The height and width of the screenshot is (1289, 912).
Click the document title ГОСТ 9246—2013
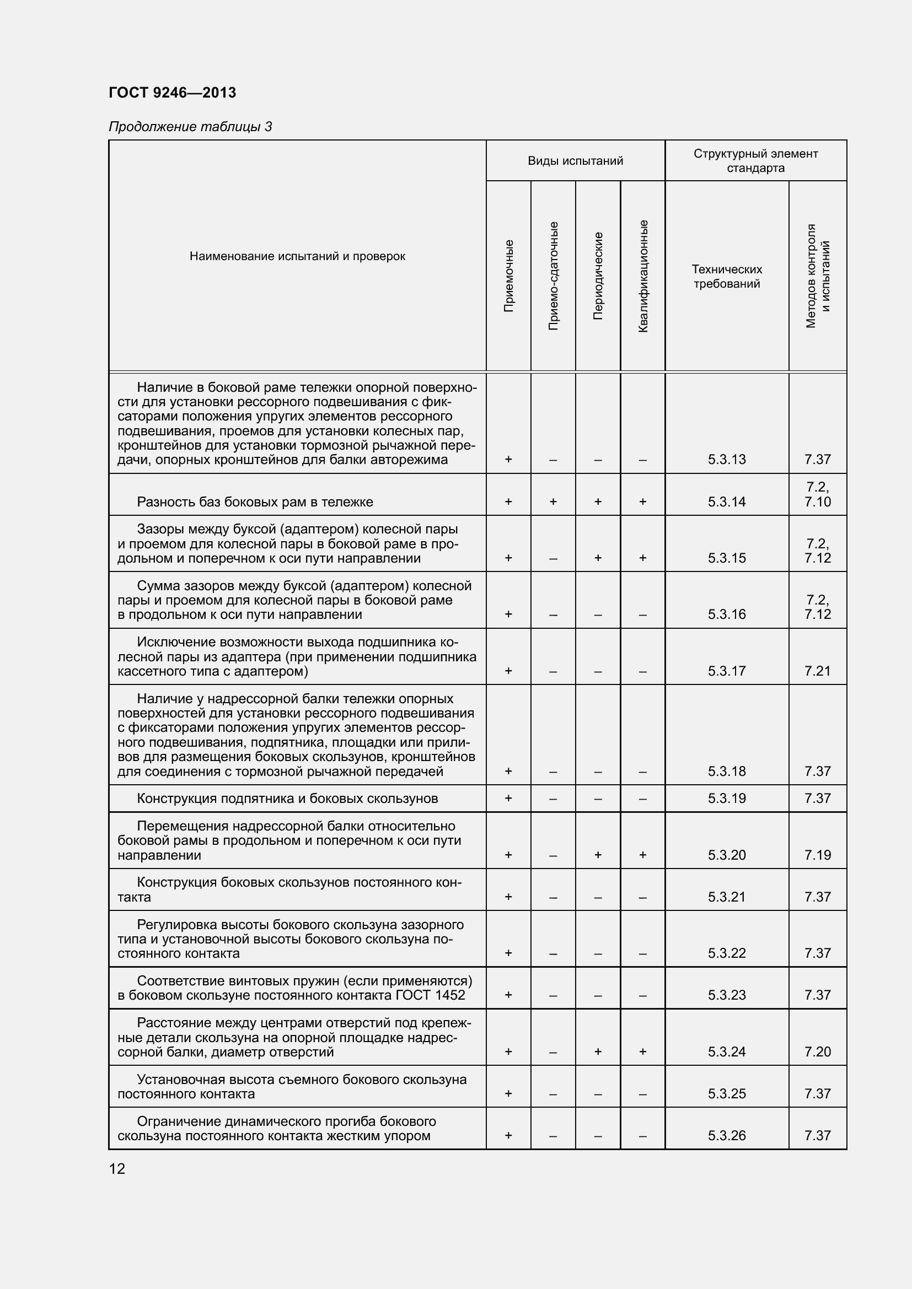(173, 93)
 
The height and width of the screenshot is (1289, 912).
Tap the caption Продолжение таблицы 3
(190, 127)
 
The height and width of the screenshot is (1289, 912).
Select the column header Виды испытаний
(575, 161)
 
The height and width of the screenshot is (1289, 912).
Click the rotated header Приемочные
(508, 276)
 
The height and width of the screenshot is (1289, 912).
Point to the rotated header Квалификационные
(643, 276)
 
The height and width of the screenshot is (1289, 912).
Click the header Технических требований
(727, 276)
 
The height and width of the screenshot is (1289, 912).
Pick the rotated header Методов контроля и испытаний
(818, 276)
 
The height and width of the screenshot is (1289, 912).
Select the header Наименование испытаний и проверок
(297, 257)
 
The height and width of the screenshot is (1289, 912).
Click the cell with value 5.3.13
(727, 460)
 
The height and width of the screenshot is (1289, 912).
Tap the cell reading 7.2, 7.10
(817, 494)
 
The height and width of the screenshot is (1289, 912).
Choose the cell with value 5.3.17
(727, 671)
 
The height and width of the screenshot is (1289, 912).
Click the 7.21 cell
(817, 671)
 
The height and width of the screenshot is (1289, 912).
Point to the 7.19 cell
(817, 855)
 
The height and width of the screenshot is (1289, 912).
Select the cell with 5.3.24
(727, 1051)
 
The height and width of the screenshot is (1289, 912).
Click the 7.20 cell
(817, 1051)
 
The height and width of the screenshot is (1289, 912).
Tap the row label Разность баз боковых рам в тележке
(255, 502)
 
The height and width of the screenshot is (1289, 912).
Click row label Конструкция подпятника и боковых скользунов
(287, 799)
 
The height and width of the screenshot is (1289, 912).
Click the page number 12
(117, 1169)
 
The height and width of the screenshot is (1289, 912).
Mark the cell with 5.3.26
(727, 1136)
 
